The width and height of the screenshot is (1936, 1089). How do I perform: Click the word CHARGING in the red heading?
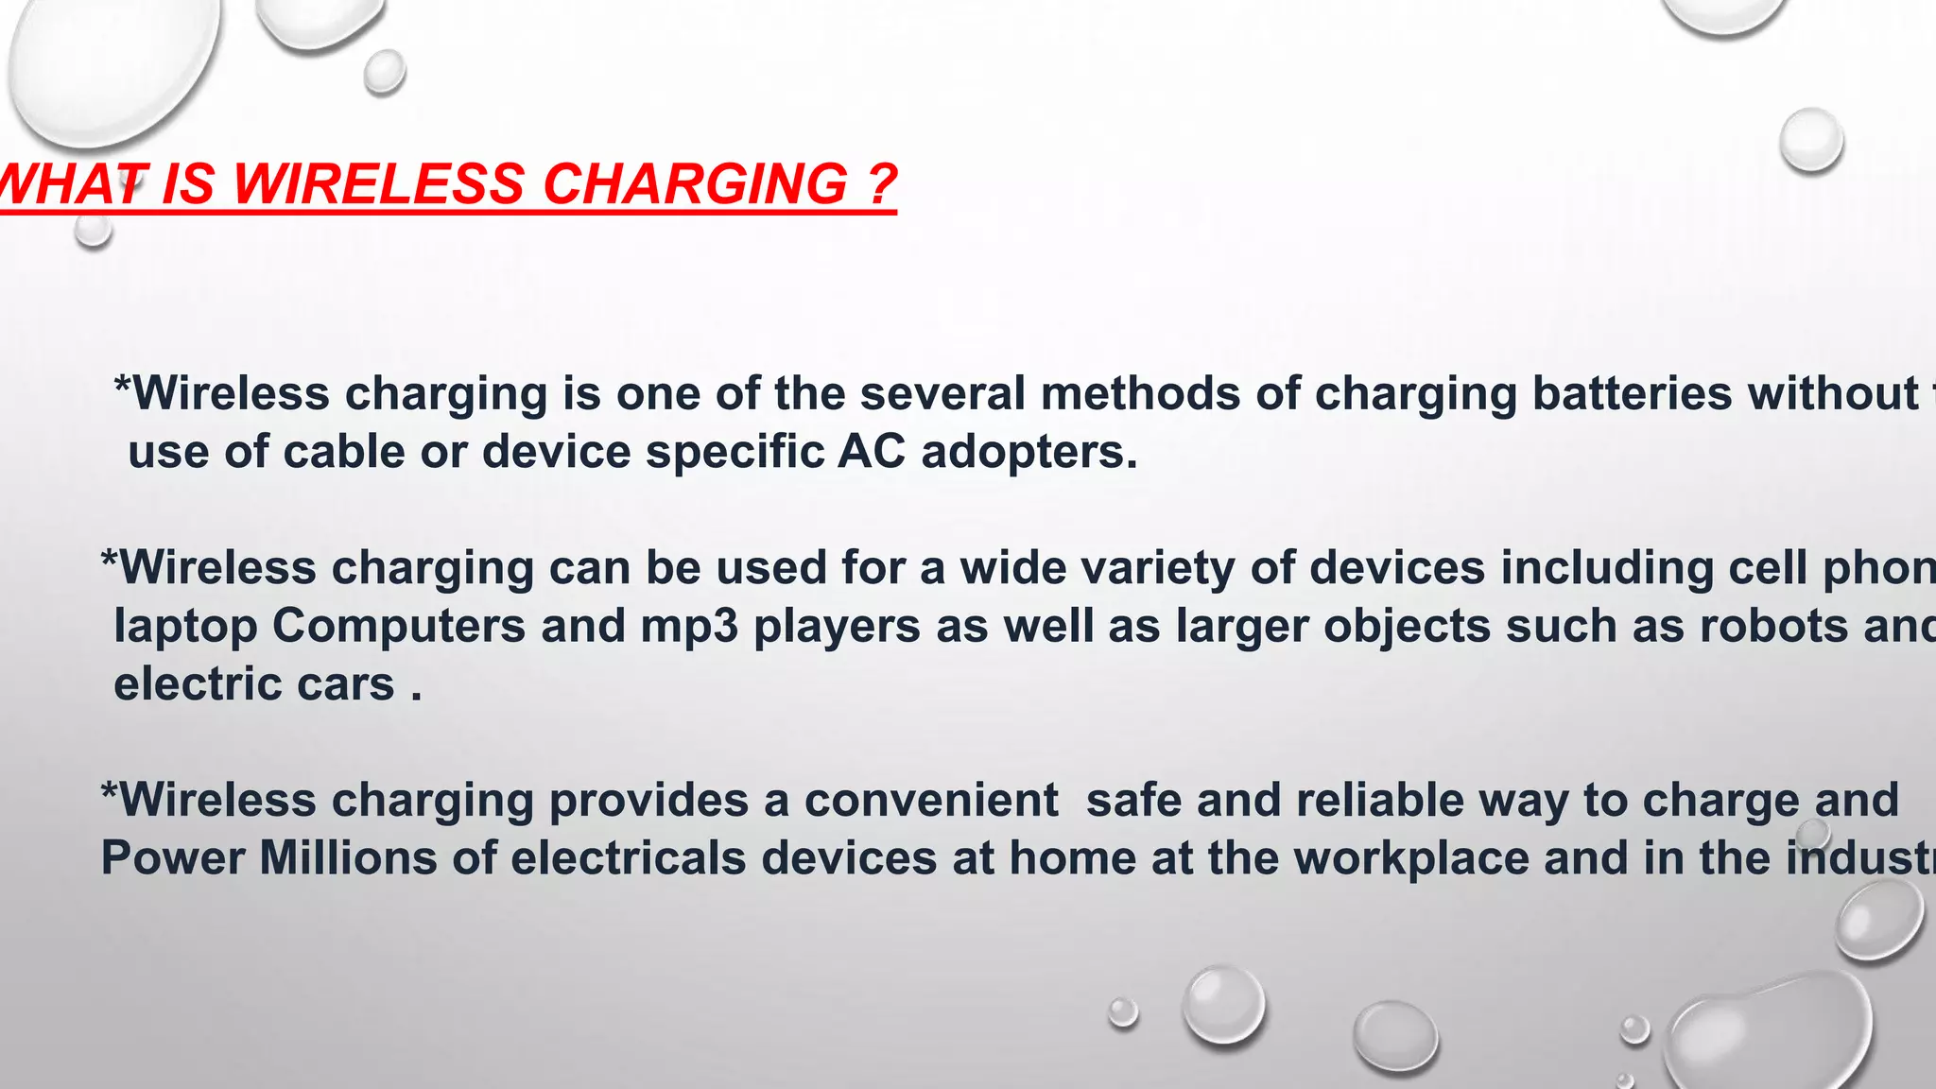695,183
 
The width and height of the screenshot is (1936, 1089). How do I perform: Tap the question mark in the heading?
880,183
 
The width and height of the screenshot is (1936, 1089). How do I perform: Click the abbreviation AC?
871,452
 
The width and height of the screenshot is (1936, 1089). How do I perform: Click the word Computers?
399,626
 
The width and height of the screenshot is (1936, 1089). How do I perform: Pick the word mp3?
689,626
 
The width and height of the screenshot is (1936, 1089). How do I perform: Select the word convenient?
931,801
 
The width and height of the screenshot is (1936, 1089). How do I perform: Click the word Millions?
348,858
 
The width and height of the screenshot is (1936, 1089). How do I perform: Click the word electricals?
629,858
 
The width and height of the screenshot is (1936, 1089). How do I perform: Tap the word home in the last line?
1072,858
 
